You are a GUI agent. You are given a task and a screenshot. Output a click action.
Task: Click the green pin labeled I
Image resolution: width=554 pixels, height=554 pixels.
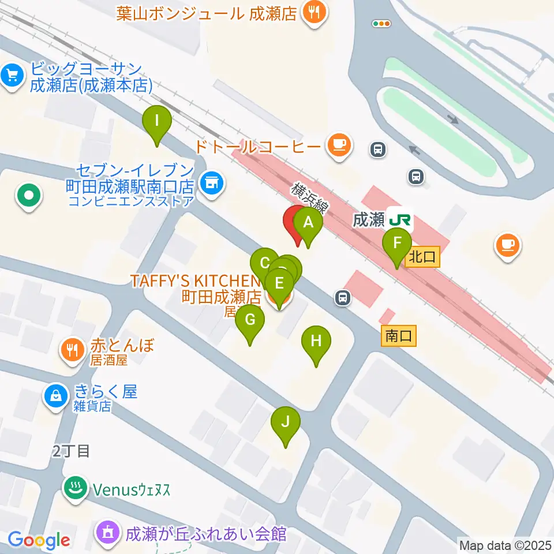[157, 122]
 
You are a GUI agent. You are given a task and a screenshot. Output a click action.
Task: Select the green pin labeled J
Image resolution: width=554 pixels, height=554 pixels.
[286, 422]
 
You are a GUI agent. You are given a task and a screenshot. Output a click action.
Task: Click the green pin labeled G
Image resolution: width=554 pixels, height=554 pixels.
[250, 320]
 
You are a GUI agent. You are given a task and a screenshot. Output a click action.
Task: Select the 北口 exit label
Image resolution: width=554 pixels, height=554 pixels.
[423, 256]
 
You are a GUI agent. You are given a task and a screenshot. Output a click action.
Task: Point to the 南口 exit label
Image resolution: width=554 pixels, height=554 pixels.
[399, 336]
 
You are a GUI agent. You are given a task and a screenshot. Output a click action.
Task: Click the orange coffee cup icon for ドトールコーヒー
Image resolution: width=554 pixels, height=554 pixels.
[339, 145]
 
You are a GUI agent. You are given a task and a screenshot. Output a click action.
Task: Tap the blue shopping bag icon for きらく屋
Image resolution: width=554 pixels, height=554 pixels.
[55, 396]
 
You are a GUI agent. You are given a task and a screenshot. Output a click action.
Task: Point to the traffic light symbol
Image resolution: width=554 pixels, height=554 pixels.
[381, 24]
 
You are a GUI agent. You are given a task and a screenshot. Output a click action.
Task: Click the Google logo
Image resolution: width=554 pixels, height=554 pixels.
[39, 540]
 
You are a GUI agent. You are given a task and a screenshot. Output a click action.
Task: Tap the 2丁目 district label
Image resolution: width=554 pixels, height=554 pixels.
[71, 451]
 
